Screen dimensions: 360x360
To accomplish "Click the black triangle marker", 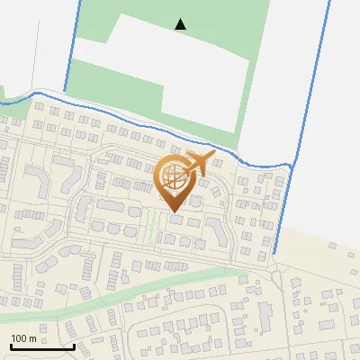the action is (181, 24).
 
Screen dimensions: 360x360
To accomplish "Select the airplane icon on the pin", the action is (199, 164).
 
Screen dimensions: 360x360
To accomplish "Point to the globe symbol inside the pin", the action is (174, 179).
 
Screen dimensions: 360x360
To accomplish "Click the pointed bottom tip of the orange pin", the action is (173, 212).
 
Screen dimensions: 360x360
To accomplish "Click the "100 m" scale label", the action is (23, 338).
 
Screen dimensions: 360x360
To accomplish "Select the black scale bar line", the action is (42, 346).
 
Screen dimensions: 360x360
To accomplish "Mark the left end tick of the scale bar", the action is (11, 345).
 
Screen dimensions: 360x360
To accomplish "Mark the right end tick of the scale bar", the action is (74, 345).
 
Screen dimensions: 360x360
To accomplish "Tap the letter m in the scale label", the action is (31, 338).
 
